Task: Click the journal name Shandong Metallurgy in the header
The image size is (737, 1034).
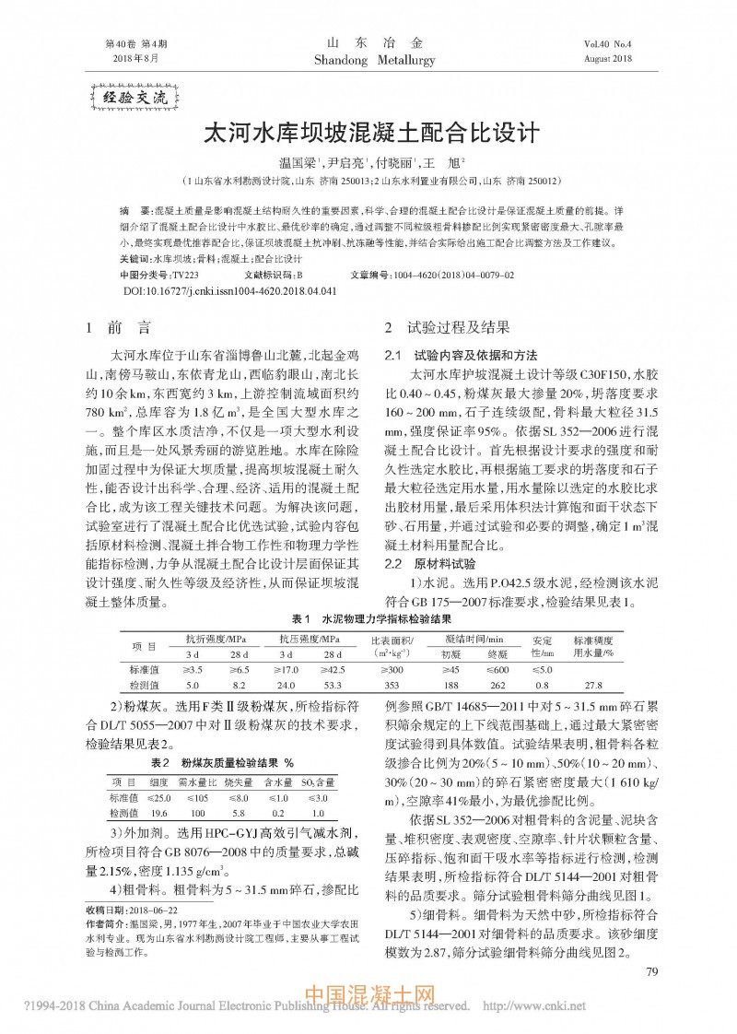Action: [368, 59]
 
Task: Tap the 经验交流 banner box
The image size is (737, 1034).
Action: [133, 96]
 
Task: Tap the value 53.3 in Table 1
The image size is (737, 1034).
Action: [332, 685]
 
